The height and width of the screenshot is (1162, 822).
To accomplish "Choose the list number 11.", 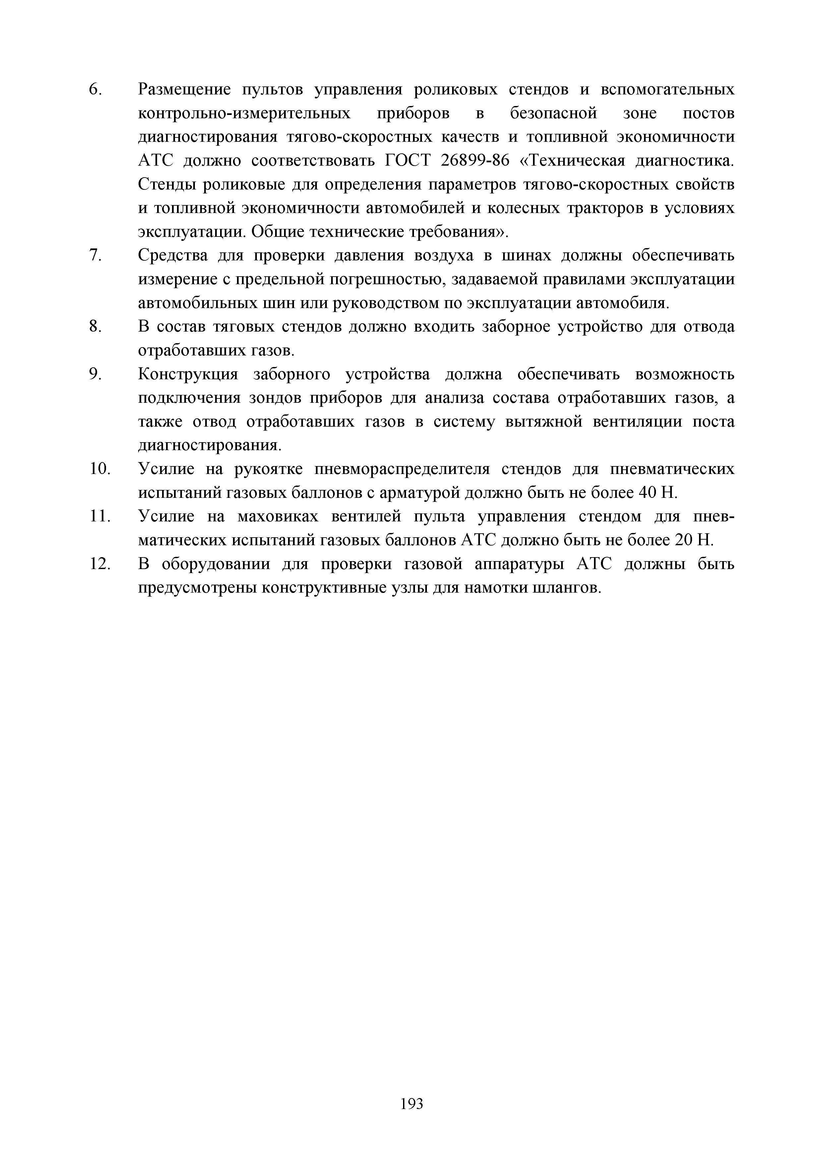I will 100,517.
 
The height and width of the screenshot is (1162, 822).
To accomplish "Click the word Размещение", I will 184,89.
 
